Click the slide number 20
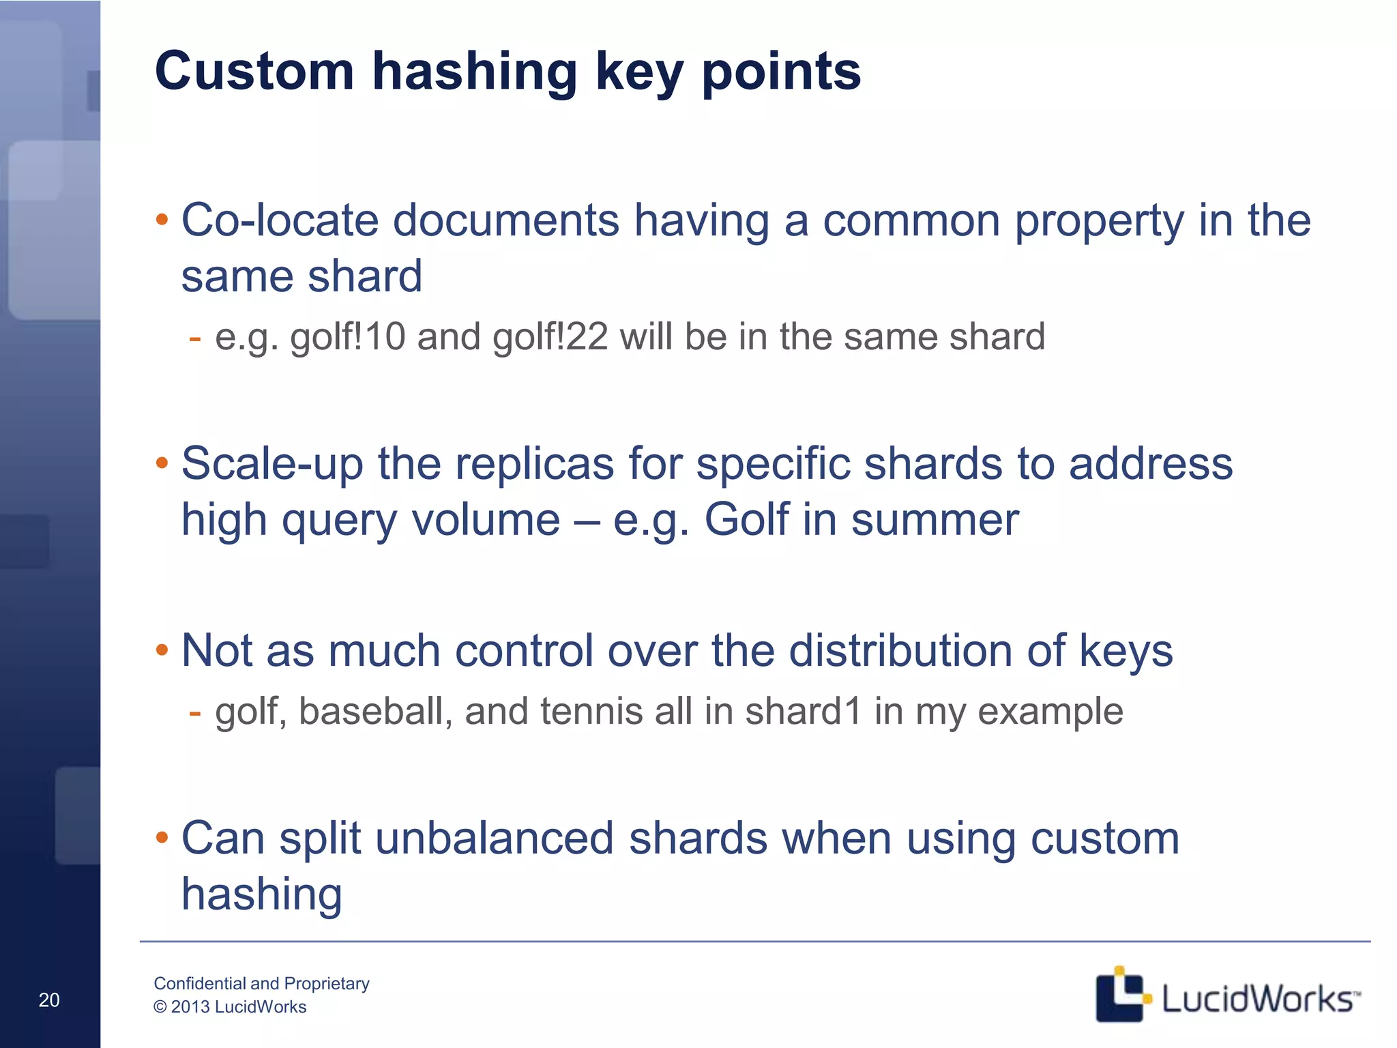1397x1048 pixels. (x=49, y=1000)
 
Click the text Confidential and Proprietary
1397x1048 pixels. (x=261, y=983)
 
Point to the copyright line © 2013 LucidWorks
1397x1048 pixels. (x=230, y=1007)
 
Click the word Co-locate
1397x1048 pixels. (x=280, y=220)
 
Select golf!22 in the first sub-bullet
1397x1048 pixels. (x=550, y=337)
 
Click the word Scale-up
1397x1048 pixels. (x=272, y=464)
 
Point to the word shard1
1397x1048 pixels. (x=804, y=712)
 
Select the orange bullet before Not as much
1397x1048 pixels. (x=162, y=650)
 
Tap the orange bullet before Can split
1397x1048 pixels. (x=162, y=837)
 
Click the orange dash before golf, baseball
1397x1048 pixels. (x=195, y=712)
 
